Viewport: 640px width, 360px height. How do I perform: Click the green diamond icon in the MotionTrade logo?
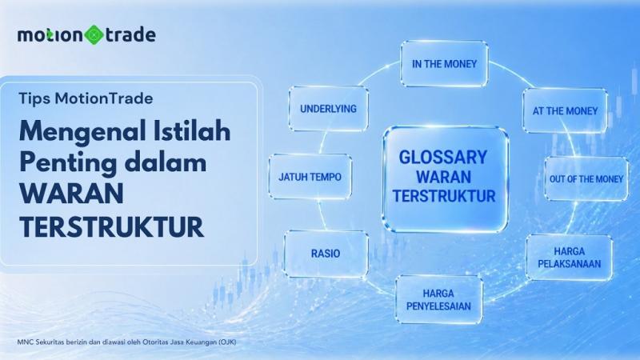[94, 35]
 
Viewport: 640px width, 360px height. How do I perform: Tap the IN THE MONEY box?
[444, 63]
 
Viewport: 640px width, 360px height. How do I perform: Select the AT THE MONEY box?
[565, 110]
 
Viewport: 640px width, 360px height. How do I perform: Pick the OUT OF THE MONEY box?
[585, 178]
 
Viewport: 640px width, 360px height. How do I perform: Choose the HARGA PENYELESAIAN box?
[438, 299]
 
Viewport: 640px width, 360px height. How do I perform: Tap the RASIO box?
[326, 254]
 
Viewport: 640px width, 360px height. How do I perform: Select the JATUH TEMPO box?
[310, 177]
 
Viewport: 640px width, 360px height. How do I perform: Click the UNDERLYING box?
[328, 108]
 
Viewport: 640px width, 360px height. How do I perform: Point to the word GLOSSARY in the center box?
[443, 156]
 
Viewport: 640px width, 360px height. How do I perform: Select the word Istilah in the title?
[186, 130]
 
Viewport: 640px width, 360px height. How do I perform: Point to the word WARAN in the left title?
[67, 194]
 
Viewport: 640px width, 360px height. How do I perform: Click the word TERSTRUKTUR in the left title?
[111, 226]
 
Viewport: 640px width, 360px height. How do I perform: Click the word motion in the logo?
[52, 35]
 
